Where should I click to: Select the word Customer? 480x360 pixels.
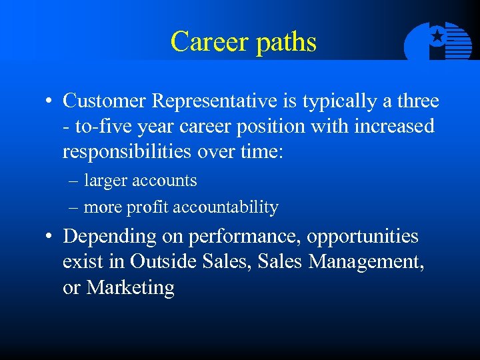[x=105, y=101]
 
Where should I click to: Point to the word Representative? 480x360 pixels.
[x=213, y=102]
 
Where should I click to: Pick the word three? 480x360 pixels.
[x=417, y=101]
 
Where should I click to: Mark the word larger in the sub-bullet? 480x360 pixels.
[x=107, y=181]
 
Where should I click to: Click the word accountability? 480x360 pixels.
[x=225, y=207]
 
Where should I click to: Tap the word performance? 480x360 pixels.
[x=237, y=237]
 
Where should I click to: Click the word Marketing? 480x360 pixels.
[x=130, y=288]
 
